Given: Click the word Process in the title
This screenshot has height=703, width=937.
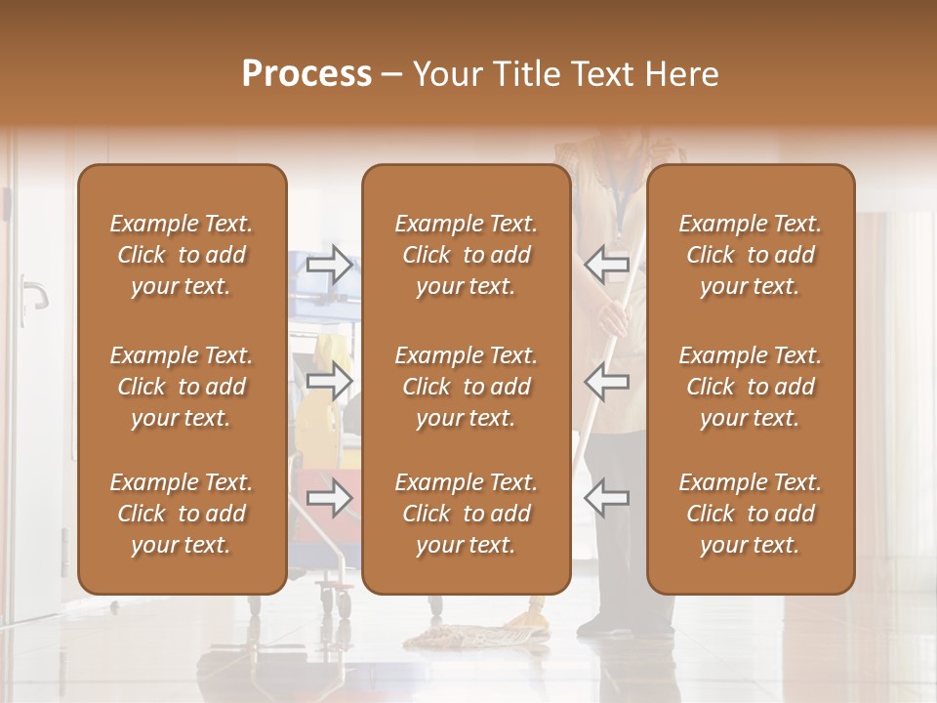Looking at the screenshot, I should tap(306, 74).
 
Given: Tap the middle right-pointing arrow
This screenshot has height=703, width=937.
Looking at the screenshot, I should tap(329, 382).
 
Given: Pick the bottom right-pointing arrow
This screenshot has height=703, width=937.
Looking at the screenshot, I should tap(329, 498).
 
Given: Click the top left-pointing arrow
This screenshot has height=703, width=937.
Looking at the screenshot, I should tap(606, 264).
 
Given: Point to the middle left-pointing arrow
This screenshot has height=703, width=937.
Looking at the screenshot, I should tap(606, 381).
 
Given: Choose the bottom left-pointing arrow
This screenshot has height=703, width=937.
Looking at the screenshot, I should tap(606, 497).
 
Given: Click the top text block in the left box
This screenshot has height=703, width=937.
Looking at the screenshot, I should tap(182, 255).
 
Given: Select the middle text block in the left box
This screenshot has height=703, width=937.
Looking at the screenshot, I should tap(182, 387).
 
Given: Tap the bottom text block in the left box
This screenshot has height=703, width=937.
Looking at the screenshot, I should tap(182, 514).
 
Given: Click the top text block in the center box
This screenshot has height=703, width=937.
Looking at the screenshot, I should tap(466, 255).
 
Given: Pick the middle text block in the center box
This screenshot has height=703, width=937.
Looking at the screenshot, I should tap(466, 387).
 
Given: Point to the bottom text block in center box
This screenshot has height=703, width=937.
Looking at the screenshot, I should tap(466, 514).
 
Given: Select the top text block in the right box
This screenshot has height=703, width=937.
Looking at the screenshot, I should tap(750, 255).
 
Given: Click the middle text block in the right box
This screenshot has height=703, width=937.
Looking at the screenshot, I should tap(750, 387).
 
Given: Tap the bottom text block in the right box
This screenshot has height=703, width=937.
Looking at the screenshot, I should tap(750, 514).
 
